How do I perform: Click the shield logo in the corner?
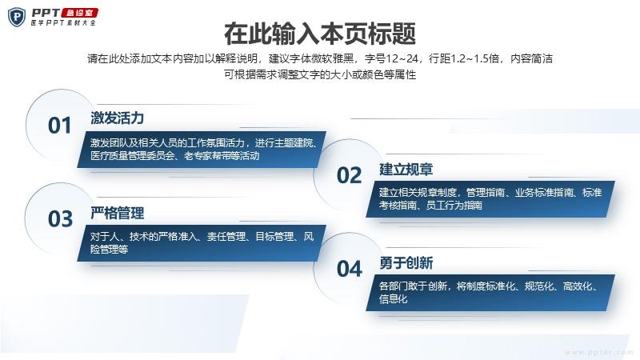coord(17,17)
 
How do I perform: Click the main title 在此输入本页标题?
coord(320,34)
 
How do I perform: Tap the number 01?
coord(59,126)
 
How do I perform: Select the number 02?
coord(349,175)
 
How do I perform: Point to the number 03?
coord(61,218)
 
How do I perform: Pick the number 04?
coord(350,269)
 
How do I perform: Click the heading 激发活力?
coord(117,118)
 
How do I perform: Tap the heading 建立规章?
coord(406,169)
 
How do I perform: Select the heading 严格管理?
coord(117,213)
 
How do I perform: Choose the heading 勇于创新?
coord(406,263)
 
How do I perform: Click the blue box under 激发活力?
coord(202,150)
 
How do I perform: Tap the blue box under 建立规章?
coord(490,198)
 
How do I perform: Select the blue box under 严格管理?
coord(202,243)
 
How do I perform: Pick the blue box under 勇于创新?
coord(490,292)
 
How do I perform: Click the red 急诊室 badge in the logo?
coord(80,13)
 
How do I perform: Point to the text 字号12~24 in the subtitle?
coord(392,58)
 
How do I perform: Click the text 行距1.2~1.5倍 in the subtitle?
coord(464,58)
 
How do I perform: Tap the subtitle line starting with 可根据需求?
coord(320,74)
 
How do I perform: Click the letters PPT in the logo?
coord(46,13)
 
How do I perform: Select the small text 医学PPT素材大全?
coord(63,23)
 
